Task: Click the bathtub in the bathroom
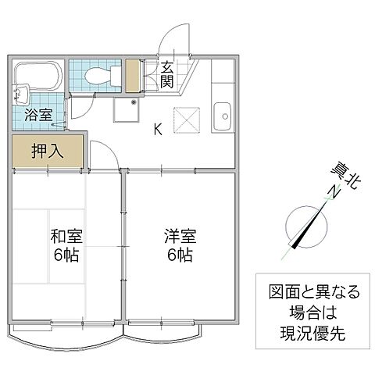point(38,76)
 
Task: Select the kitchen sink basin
point(223,118)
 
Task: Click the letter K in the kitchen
point(158,130)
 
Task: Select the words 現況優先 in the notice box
point(309,331)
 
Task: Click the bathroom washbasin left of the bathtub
point(20,95)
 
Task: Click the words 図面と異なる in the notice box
point(309,293)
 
